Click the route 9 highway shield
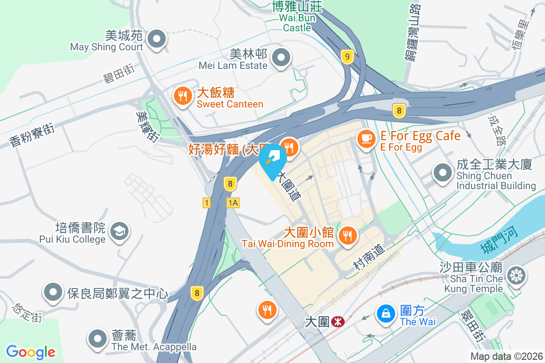[x=347, y=57]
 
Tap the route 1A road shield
[x=233, y=203]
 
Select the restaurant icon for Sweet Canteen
[x=183, y=96]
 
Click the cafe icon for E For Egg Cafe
[x=367, y=138]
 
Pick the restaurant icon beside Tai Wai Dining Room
[x=348, y=236]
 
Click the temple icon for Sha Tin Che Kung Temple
[x=517, y=275]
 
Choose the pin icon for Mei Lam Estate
[x=281, y=58]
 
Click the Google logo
[x=31, y=352]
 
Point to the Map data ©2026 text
[x=506, y=356]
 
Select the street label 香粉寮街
[x=32, y=135]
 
